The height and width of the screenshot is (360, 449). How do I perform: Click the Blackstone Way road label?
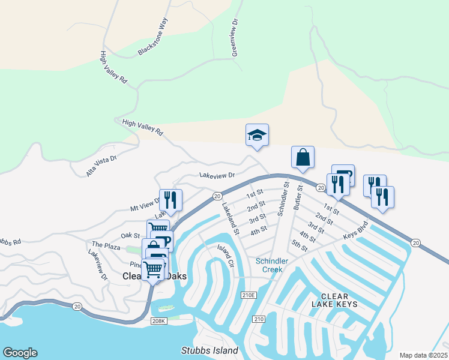[x=153, y=37]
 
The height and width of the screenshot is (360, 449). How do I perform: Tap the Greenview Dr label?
[x=235, y=37]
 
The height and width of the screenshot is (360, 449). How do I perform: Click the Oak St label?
[x=130, y=236]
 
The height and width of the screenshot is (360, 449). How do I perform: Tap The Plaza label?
[x=106, y=245]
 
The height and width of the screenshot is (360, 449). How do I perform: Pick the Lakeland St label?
[x=231, y=217]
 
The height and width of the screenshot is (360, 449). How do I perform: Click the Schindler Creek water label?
[x=272, y=265]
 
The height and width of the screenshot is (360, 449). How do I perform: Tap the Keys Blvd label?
[x=355, y=233]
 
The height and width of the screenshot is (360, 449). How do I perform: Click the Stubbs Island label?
[x=209, y=350]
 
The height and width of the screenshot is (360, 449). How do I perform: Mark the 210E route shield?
[x=249, y=295]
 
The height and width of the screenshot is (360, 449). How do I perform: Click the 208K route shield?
[x=158, y=322]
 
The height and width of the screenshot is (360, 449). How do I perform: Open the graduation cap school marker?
[x=257, y=134]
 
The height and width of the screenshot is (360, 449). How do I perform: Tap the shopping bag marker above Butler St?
[x=303, y=157]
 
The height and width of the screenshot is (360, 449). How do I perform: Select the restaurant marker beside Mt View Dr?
[x=170, y=200]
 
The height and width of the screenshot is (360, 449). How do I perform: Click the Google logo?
[x=20, y=353]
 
